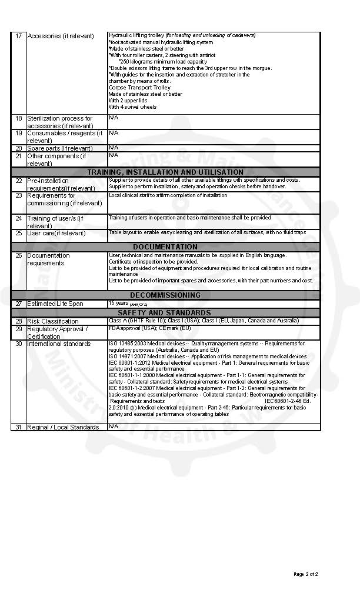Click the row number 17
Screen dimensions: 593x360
point(18,36)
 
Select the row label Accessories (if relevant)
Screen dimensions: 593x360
point(60,36)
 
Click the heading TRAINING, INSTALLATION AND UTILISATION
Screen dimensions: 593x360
point(165,172)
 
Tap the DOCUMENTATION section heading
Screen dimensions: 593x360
point(165,247)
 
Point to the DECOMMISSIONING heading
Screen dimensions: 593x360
point(165,295)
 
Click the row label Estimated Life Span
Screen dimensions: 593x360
point(55,304)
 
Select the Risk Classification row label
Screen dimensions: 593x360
point(52,321)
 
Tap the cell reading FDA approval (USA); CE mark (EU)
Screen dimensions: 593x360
point(150,328)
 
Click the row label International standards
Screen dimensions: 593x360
point(59,344)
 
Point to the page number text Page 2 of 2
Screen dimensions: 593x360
point(306,574)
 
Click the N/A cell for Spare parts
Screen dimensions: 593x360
point(114,147)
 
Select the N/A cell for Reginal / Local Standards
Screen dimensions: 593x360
point(114,426)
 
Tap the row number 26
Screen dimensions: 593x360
point(18,255)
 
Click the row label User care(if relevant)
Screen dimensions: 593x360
point(56,234)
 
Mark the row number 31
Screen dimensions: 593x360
point(18,427)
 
